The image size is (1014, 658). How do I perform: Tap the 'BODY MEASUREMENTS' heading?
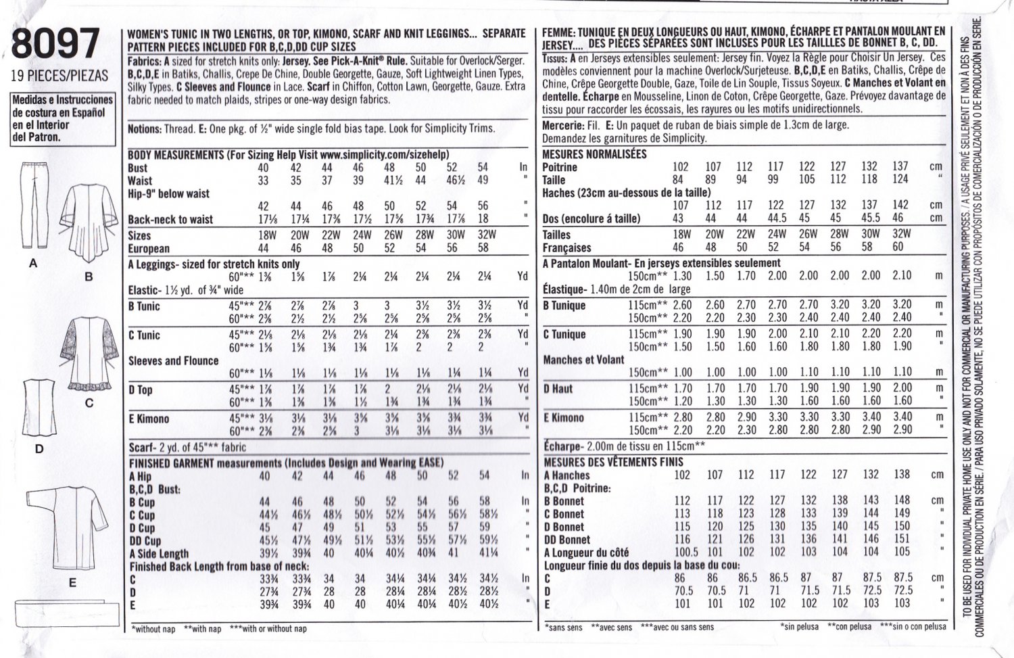click(175, 154)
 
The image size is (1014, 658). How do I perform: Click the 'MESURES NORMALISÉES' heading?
click(594, 154)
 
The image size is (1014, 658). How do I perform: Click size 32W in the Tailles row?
click(902, 234)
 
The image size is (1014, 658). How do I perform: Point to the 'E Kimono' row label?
click(149, 419)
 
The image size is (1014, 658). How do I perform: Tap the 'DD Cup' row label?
click(144, 540)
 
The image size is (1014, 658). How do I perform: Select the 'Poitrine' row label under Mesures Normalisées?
click(560, 167)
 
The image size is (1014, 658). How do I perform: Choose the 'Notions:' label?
click(144, 128)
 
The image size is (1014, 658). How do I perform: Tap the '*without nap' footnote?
click(153, 629)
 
